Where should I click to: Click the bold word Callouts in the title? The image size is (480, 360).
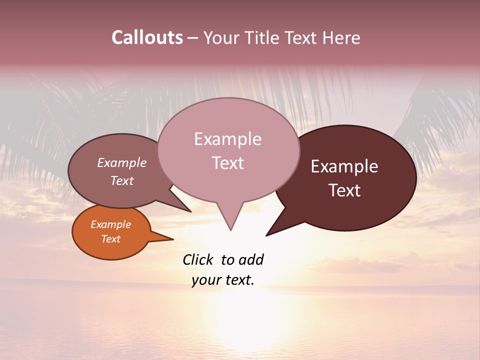click(147, 37)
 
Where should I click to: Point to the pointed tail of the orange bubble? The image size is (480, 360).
click(171, 239)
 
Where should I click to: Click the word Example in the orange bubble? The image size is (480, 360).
click(110, 224)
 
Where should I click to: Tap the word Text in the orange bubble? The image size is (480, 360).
click(110, 239)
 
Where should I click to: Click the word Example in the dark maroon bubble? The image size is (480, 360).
click(344, 166)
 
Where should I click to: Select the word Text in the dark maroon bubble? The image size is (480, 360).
click(344, 190)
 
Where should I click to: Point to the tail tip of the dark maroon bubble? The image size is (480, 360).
click(267, 235)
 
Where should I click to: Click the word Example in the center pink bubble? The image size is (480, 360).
click(227, 139)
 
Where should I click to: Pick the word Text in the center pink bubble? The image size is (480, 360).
click(227, 163)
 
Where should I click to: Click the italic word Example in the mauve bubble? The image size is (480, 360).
click(121, 162)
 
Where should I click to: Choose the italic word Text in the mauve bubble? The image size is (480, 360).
click(121, 180)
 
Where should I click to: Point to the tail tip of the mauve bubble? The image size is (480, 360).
click(190, 211)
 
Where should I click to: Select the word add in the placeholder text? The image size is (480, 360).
click(251, 259)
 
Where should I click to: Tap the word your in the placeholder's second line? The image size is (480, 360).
click(205, 280)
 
